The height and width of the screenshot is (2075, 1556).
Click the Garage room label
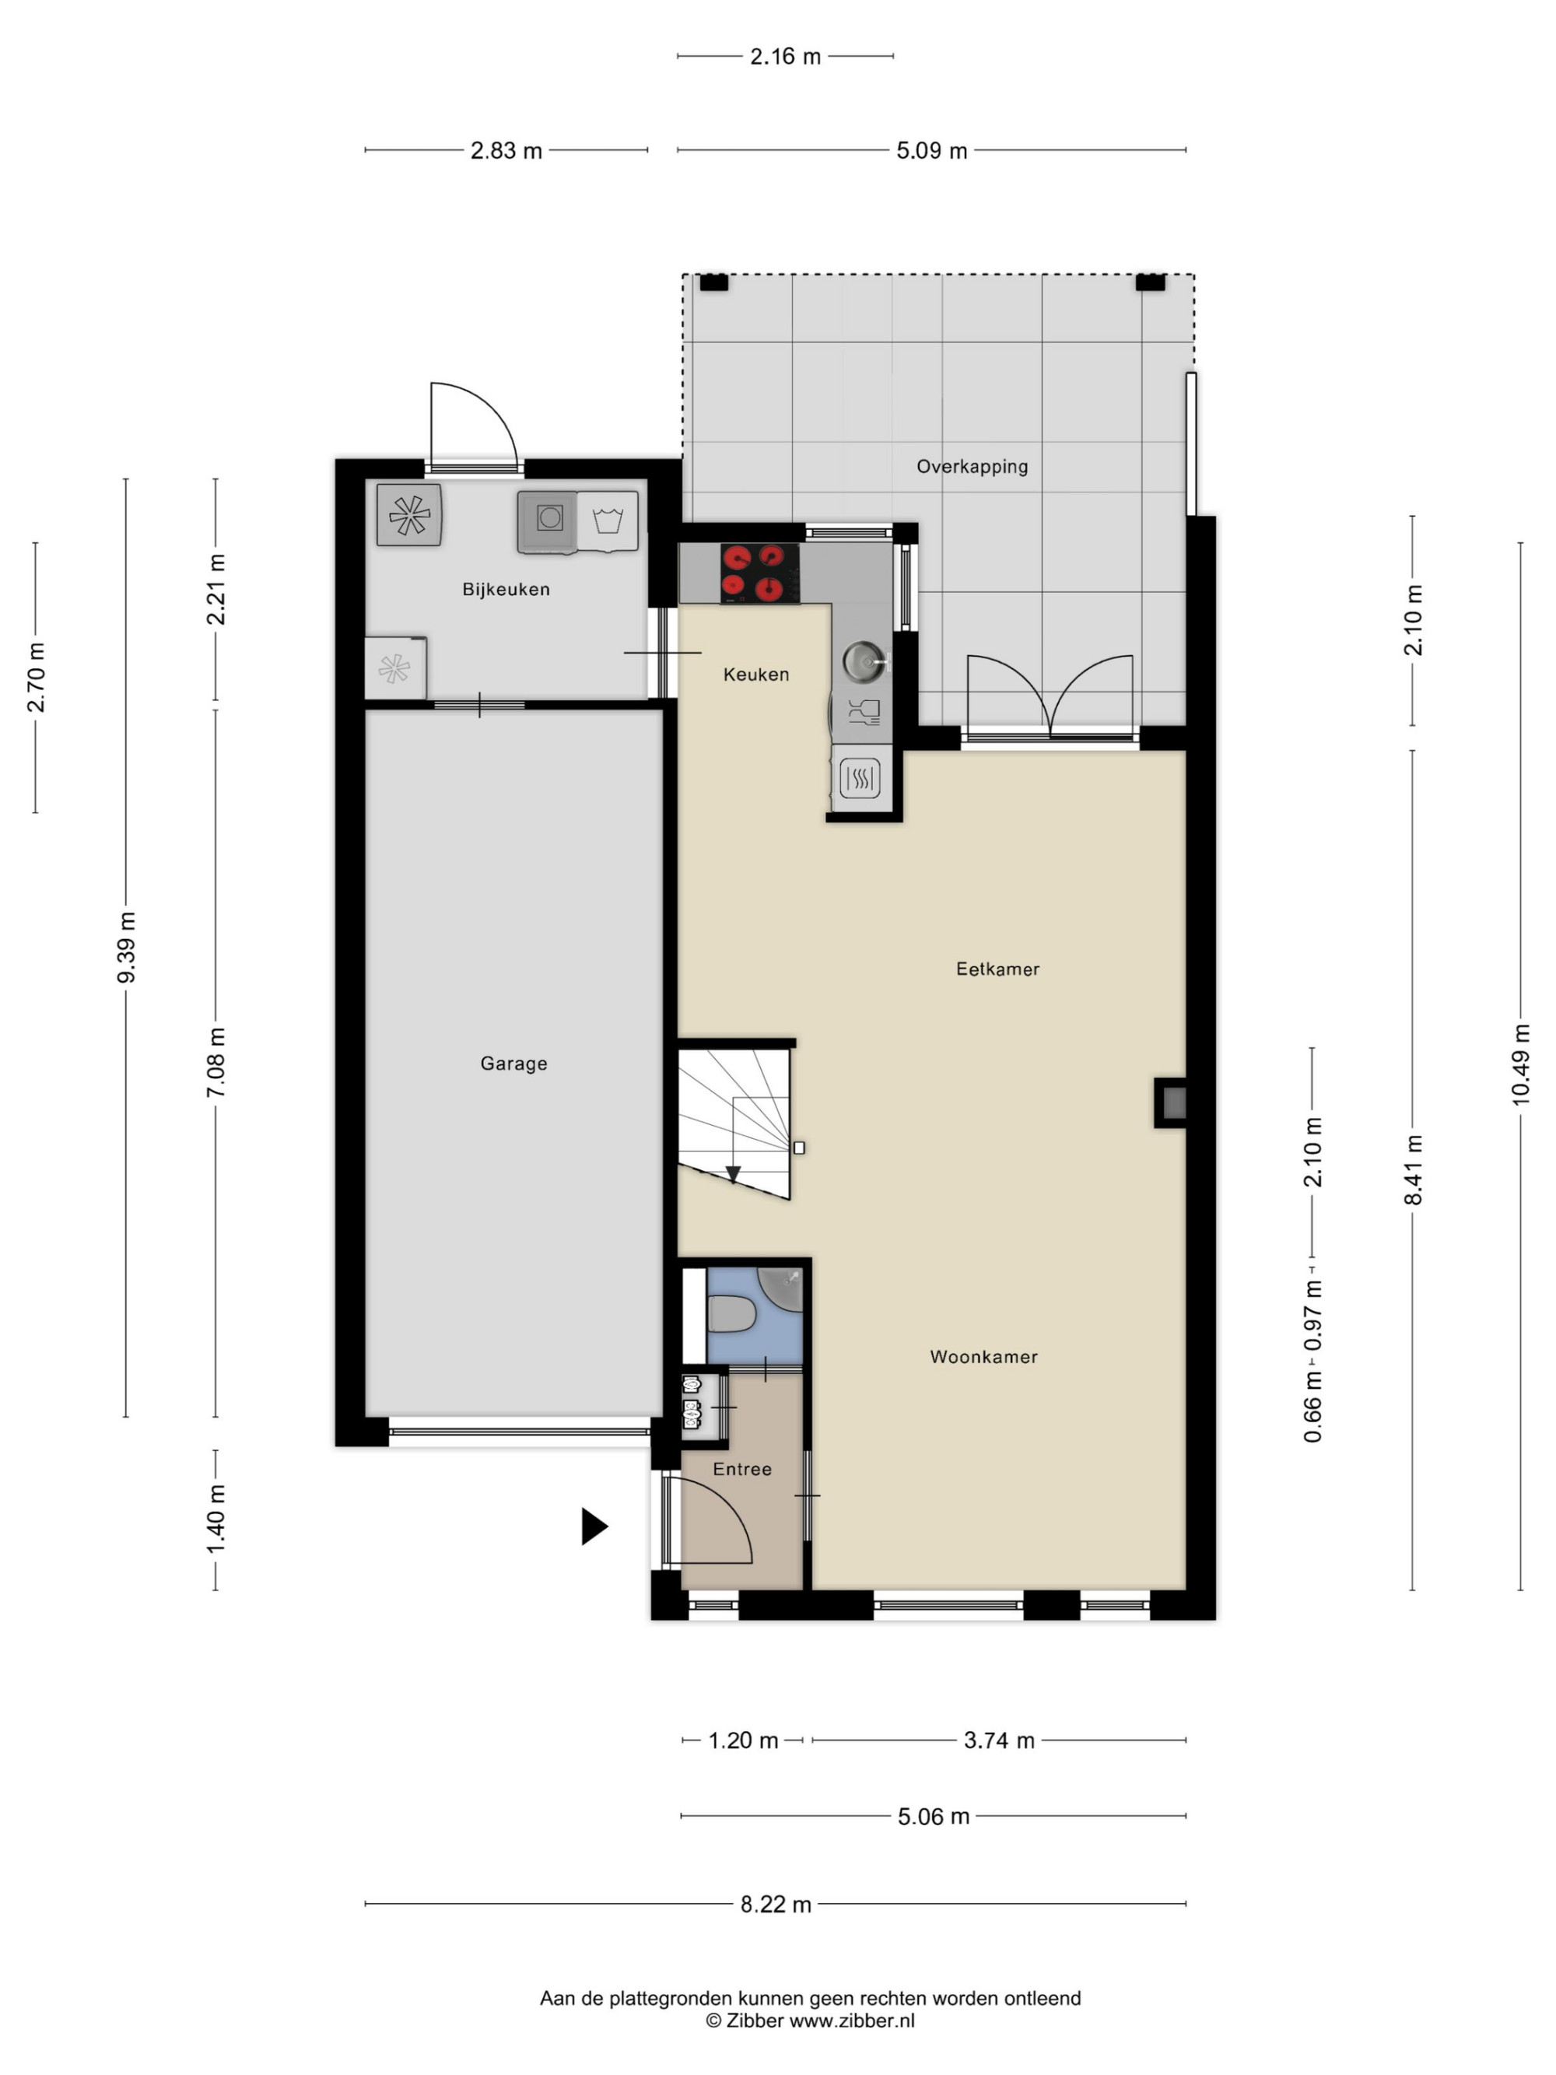pyautogui.click(x=513, y=1064)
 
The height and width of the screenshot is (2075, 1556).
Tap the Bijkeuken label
pyautogui.click(x=506, y=589)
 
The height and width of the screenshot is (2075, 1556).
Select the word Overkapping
pyautogui.click(x=972, y=466)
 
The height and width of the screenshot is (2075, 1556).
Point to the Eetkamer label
pyautogui.click(x=997, y=969)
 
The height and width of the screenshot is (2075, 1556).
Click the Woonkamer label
pyautogui.click(x=983, y=1356)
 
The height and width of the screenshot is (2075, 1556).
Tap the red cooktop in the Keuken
pyautogui.click(x=759, y=573)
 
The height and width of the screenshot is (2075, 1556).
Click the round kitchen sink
pyautogui.click(x=861, y=661)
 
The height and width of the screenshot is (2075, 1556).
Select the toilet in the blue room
pyautogui.click(x=731, y=1313)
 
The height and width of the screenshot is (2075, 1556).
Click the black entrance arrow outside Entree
pyautogui.click(x=594, y=1526)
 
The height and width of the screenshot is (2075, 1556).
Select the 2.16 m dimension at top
pyautogui.click(x=785, y=56)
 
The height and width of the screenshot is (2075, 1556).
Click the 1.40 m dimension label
pyautogui.click(x=216, y=1519)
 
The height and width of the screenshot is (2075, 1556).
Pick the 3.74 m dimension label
pyautogui.click(x=999, y=1740)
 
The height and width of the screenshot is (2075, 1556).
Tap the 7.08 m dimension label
pyautogui.click(x=216, y=1062)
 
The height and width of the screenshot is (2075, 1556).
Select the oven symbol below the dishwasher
pyautogui.click(x=860, y=778)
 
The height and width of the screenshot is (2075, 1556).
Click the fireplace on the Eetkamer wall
pyautogui.click(x=1171, y=1103)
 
